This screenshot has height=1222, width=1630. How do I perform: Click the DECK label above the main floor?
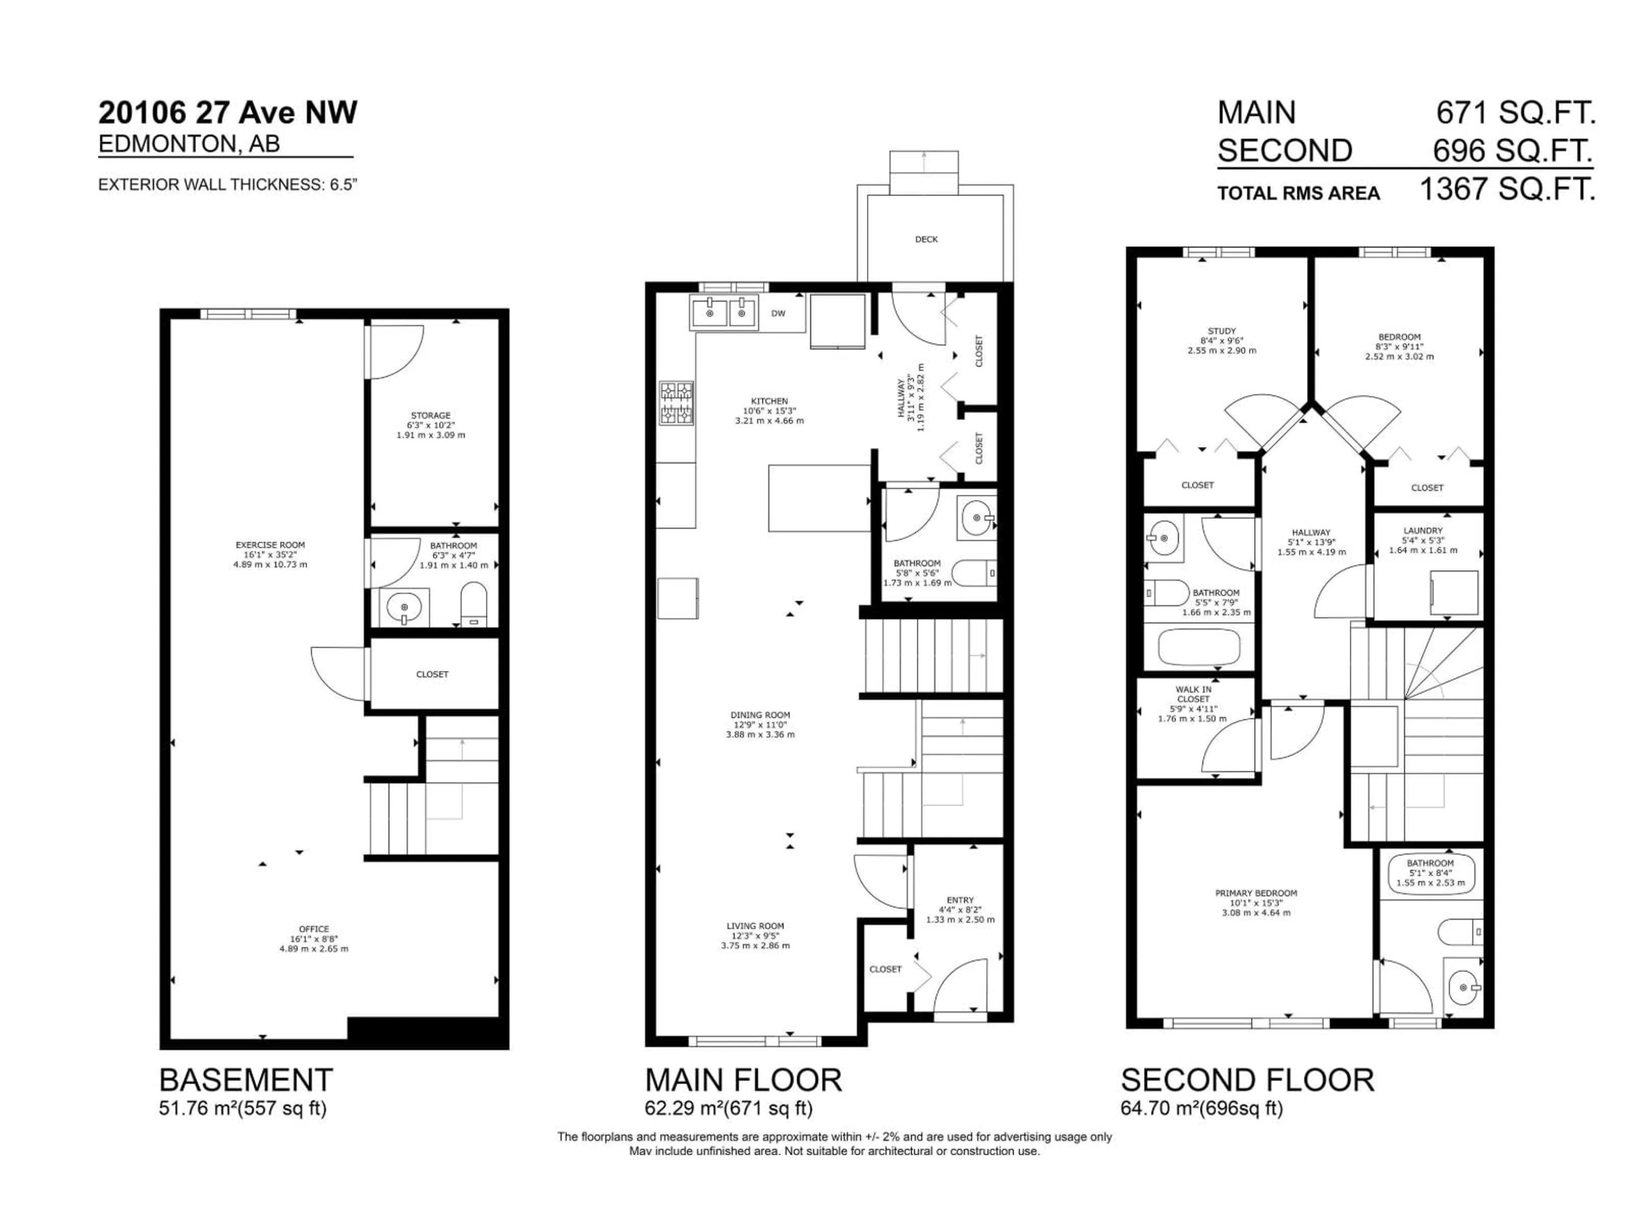(926, 239)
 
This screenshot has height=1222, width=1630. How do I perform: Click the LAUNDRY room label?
(1423, 530)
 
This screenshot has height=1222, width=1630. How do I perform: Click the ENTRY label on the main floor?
(960, 900)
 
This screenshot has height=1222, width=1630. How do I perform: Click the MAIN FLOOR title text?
(743, 1080)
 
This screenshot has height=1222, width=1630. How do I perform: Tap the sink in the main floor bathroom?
(978, 519)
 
